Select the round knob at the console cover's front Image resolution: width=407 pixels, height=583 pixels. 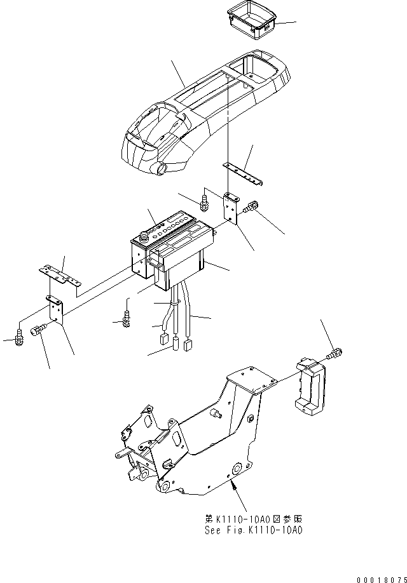[161, 169]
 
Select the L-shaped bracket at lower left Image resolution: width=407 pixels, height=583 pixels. [56, 311]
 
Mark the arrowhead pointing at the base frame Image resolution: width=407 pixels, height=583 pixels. [236, 487]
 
